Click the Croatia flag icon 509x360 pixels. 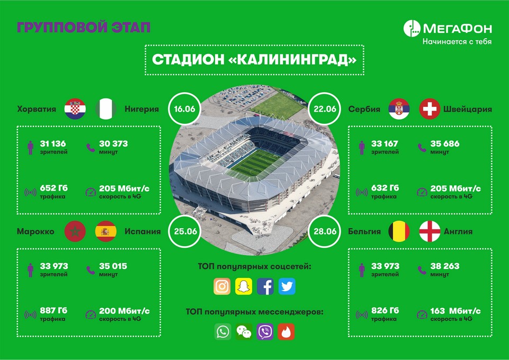75,109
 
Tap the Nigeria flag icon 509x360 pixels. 106,109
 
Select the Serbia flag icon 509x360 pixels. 399,109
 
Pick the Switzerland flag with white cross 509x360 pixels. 430,109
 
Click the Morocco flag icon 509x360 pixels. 75,231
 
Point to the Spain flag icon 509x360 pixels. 106,231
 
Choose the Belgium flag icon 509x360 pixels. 399,231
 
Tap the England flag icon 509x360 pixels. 430,231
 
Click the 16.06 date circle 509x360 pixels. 185,109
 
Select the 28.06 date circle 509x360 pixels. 325,231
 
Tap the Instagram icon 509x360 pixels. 222,286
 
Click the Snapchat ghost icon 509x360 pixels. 244,286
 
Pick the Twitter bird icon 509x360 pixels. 287,286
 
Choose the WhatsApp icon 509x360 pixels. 222,331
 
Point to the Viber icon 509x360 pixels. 265,331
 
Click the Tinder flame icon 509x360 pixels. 286,331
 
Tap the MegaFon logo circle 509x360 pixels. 412,28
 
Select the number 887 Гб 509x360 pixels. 53,310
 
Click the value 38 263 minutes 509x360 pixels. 445,266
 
